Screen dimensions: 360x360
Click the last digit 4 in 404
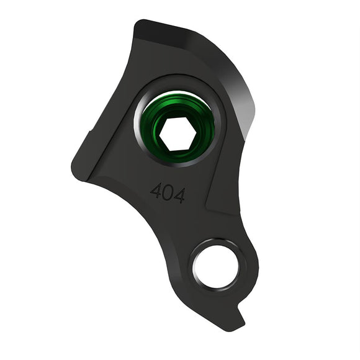[x=179, y=196]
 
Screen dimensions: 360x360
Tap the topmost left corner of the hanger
[x=137, y=24]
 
